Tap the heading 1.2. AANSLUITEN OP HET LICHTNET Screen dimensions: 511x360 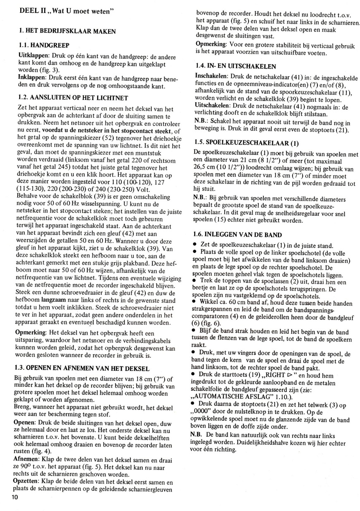(x=74, y=98)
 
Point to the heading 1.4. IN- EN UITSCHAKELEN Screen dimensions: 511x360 (x=235, y=66)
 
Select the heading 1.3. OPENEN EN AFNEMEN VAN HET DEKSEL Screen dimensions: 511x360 (x=82, y=368)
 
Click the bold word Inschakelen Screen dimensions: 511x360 (x=211, y=77)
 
